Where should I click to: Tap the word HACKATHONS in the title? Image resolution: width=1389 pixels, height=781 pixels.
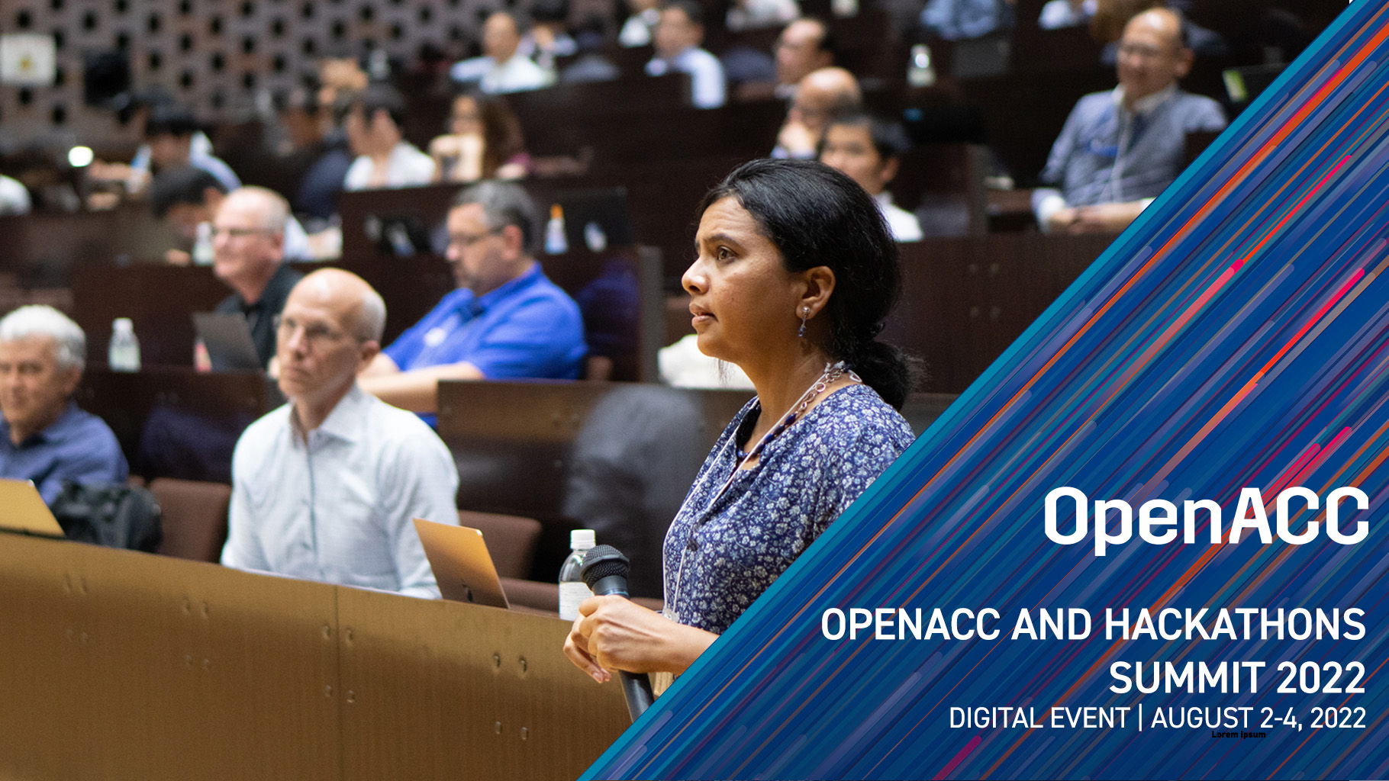coord(1234,625)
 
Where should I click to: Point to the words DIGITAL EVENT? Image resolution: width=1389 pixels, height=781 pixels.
coord(1039,718)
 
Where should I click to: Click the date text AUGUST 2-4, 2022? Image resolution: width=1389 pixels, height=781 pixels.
coord(1258,718)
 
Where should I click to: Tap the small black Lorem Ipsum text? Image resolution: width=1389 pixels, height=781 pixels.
coord(1239,734)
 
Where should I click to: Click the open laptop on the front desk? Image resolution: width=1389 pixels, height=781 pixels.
coord(461,562)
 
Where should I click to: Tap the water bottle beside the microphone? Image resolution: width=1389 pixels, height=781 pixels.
coord(577,574)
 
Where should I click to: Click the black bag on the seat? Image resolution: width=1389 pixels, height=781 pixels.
coord(107,515)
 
